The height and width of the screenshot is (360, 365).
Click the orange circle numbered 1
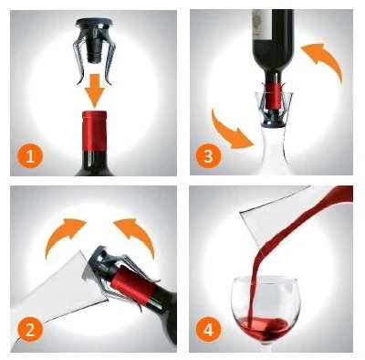point(30,157)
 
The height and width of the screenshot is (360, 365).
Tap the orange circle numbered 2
point(30,329)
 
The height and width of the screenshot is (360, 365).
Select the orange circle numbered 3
point(209,156)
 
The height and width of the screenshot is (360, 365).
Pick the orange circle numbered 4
point(209,330)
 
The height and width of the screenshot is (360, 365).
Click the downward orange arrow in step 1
point(95,90)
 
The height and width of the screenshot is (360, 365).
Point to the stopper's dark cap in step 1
point(95,23)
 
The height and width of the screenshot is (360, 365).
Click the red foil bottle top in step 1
point(95,131)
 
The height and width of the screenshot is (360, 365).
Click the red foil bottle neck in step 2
point(134,286)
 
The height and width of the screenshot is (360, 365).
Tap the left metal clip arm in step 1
point(78,61)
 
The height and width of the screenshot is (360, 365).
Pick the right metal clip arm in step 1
point(111,61)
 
